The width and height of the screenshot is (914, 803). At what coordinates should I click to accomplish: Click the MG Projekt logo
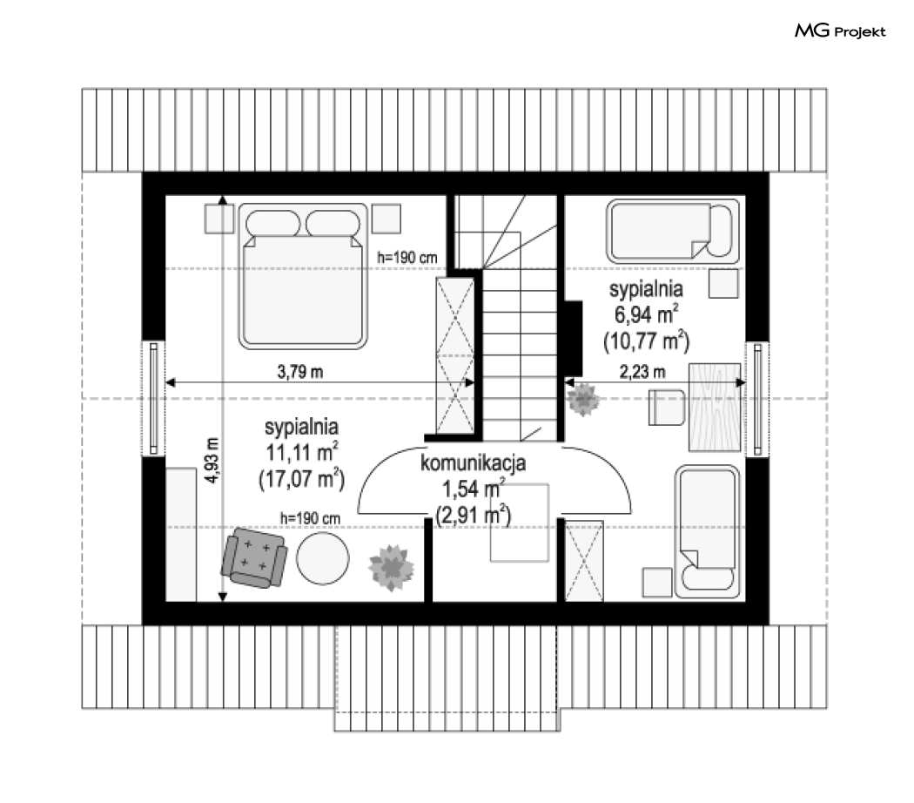click(x=840, y=30)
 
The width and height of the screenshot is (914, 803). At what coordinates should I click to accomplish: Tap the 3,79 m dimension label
click(x=300, y=372)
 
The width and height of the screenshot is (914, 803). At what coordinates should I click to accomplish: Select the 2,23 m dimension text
click(x=642, y=372)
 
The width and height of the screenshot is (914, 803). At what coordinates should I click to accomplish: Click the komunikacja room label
click(x=473, y=462)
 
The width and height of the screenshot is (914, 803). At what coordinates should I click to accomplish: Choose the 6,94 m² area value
click(x=646, y=314)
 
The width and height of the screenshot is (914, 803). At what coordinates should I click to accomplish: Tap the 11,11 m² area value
click(x=302, y=452)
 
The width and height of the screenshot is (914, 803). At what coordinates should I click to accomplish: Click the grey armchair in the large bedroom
click(x=254, y=557)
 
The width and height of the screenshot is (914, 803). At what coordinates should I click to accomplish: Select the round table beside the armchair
click(x=323, y=557)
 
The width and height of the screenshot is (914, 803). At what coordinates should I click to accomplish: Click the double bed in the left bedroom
click(x=303, y=276)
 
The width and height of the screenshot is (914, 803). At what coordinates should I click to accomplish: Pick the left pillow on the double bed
click(x=272, y=223)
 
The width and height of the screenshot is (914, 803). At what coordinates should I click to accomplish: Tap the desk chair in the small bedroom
click(x=667, y=408)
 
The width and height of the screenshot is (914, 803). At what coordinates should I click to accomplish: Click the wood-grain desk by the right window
click(x=715, y=407)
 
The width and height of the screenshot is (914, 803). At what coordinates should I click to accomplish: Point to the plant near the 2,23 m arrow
click(x=583, y=400)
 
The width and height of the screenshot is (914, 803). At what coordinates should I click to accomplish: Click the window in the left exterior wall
click(x=154, y=398)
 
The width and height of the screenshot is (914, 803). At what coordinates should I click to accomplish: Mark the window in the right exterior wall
click(x=757, y=399)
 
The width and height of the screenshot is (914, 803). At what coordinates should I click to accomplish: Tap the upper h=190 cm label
click(x=407, y=257)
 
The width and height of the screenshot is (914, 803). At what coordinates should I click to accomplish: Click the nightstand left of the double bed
click(x=219, y=219)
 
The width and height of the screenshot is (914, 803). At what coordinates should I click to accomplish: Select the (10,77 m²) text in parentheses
click(x=647, y=341)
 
